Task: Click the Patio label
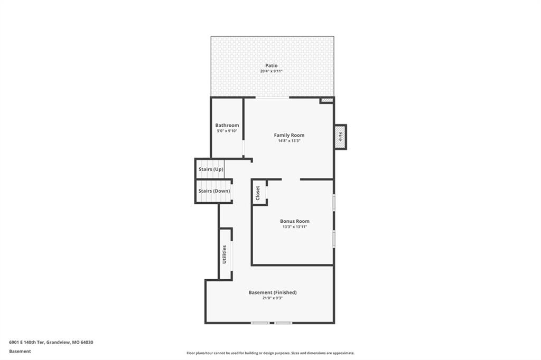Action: coord(271,65)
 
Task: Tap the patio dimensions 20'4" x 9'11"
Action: coord(271,71)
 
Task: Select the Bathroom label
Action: coord(227,125)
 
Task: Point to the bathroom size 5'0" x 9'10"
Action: coord(227,131)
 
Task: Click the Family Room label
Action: coord(289,135)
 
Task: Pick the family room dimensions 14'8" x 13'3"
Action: coord(289,141)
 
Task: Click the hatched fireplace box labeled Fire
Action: coord(340,137)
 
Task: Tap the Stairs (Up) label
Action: coord(211,169)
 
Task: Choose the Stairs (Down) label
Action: coord(214,191)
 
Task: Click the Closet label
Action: coord(258,193)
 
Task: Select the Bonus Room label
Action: coord(295,221)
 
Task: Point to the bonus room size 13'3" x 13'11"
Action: coord(295,227)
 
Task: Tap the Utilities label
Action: coord(224,254)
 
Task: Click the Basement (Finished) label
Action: coord(273,292)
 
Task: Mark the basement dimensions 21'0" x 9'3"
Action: coord(273,298)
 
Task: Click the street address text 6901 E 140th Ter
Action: coord(26,343)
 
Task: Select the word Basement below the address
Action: coord(20,352)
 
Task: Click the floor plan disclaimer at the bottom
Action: coord(270,353)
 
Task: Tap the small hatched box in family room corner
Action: coord(327,100)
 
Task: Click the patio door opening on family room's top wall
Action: coord(272,98)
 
